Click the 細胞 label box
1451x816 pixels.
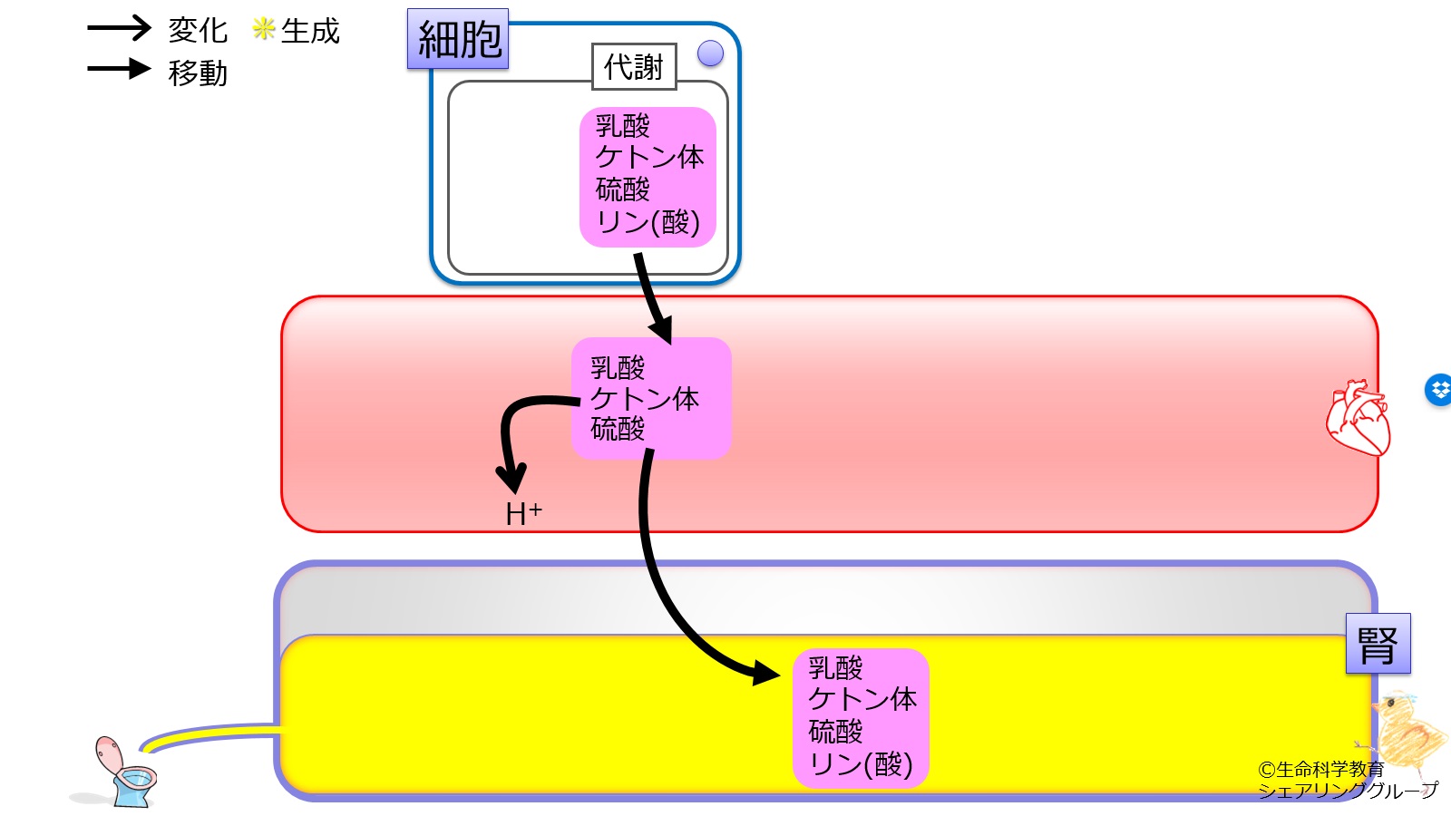[x=458, y=39]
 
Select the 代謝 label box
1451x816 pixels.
[x=634, y=67]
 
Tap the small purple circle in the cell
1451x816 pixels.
[x=711, y=53]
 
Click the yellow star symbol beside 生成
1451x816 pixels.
[x=264, y=28]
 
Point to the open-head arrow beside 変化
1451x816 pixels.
[x=119, y=28]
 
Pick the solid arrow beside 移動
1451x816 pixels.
[x=119, y=69]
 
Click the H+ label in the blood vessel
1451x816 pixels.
[x=523, y=513]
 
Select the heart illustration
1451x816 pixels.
[x=1358, y=418]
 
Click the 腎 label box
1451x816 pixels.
[x=1378, y=644]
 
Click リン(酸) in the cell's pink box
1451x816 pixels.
[x=648, y=222]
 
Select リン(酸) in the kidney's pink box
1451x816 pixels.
[x=861, y=764]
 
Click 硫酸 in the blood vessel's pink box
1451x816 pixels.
[x=618, y=429]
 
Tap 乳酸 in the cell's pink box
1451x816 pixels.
[x=622, y=126]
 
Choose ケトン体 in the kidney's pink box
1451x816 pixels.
[x=862, y=699]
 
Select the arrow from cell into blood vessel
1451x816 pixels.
[x=654, y=298]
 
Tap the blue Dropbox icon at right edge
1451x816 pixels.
[x=1439, y=390]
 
